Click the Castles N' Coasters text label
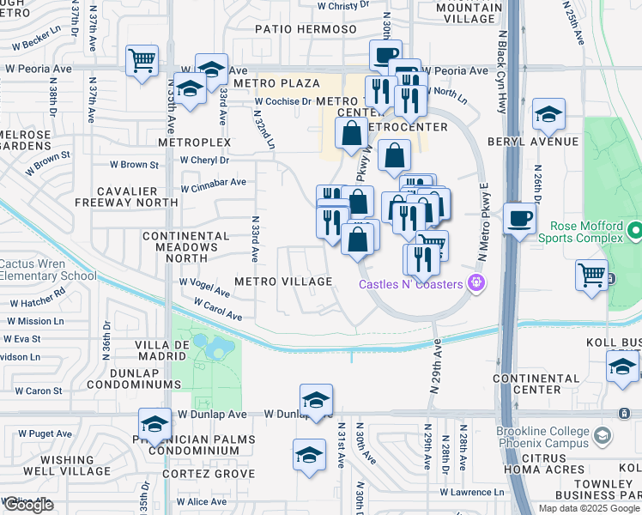411,284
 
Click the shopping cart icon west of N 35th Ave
142,61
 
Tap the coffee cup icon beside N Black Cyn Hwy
519,218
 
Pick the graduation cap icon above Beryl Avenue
548,113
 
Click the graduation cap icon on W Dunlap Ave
316,399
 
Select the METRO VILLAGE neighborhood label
283,282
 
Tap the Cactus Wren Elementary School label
48,270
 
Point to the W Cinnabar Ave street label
213,182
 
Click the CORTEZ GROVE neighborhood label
211,474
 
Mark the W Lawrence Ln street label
472,492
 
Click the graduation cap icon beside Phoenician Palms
154,423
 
